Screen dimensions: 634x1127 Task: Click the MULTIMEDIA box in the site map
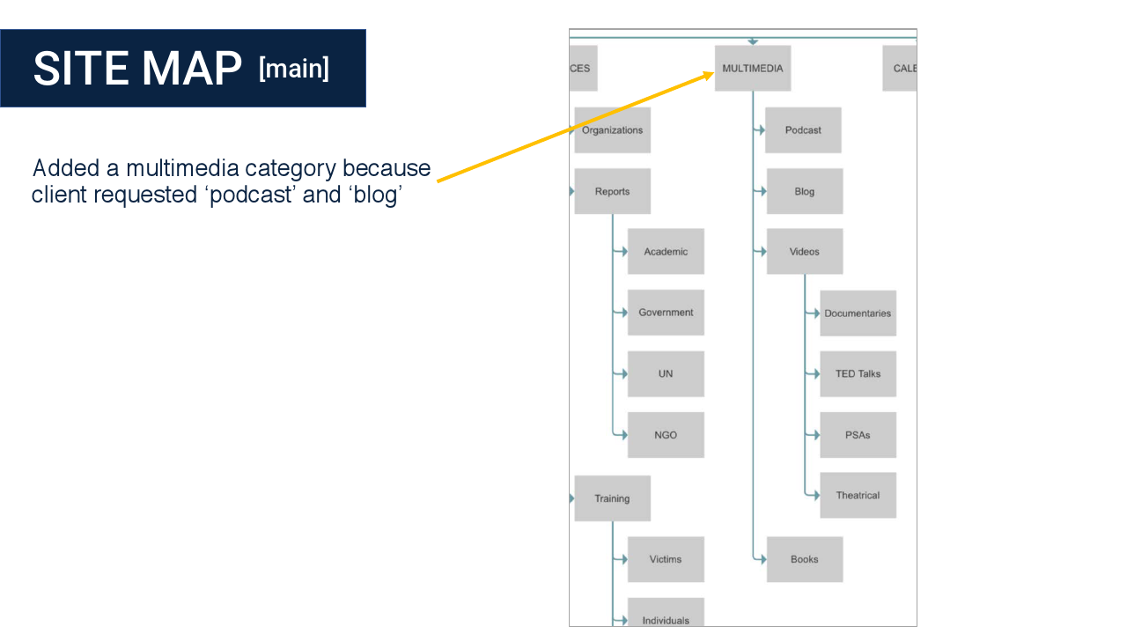tap(752, 69)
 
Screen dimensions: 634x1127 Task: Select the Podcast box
tap(803, 130)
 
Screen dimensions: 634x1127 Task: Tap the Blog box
tap(804, 191)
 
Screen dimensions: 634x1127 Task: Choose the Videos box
tap(804, 252)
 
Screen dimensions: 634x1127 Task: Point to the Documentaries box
tap(858, 313)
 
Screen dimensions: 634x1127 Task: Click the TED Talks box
tap(858, 374)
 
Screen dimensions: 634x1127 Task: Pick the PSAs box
tap(858, 435)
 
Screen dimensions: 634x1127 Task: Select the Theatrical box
tap(858, 495)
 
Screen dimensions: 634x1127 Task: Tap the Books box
tap(804, 559)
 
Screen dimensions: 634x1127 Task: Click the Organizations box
tap(612, 130)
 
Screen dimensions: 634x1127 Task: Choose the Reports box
tap(612, 191)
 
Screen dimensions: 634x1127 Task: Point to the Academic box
tap(666, 252)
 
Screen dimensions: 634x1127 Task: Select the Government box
tap(666, 313)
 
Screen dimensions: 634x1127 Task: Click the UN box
tap(666, 374)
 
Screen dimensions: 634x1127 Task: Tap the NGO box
tap(666, 435)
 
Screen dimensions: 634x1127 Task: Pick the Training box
tap(612, 498)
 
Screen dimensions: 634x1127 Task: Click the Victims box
tap(666, 559)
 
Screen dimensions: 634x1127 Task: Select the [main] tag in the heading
tap(294, 68)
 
